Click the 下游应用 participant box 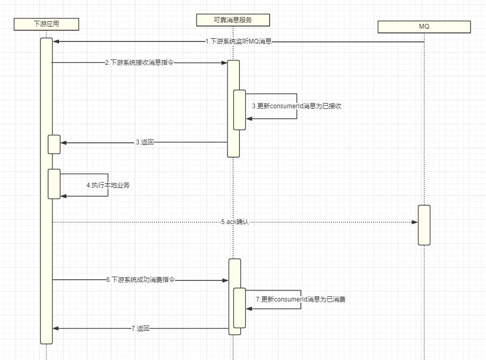click(46, 23)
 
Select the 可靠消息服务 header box click(233, 20)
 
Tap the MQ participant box click(424, 26)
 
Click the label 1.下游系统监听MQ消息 click(238, 41)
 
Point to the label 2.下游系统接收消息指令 click(139, 63)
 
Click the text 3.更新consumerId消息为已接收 click(296, 106)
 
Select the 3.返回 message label click(144, 142)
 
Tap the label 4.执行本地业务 click(108, 186)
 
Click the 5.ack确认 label click(235, 222)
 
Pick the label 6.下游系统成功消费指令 click(141, 280)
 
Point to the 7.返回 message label click(140, 329)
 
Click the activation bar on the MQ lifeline click(423, 225)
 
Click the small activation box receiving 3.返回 click(54, 144)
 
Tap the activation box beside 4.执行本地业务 click(54, 184)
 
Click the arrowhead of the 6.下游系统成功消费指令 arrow click(225, 280)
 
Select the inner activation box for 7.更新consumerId click(239, 308)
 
